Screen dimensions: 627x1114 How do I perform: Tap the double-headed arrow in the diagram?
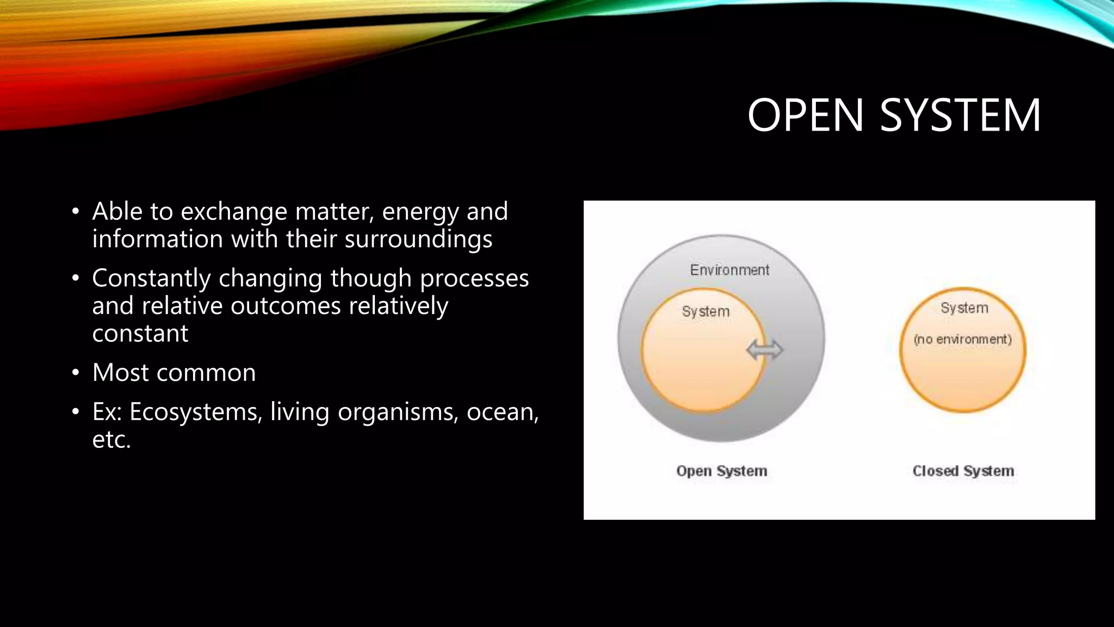point(764,350)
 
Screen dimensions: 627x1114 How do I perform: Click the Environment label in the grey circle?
point(729,270)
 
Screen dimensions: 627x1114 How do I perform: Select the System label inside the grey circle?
point(705,311)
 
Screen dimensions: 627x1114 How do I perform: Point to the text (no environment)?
point(962,339)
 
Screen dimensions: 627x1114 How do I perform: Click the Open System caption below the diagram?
point(721,471)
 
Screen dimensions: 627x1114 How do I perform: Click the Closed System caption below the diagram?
point(963,471)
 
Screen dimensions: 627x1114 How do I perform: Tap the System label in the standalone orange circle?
point(964,308)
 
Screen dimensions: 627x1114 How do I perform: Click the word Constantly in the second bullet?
point(151,279)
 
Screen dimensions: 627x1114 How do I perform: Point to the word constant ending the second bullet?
point(140,334)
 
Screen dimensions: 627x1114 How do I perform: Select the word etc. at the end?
point(112,440)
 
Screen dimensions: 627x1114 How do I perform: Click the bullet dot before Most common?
point(76,373)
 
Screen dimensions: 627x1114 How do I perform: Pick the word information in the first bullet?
point(157,239)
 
